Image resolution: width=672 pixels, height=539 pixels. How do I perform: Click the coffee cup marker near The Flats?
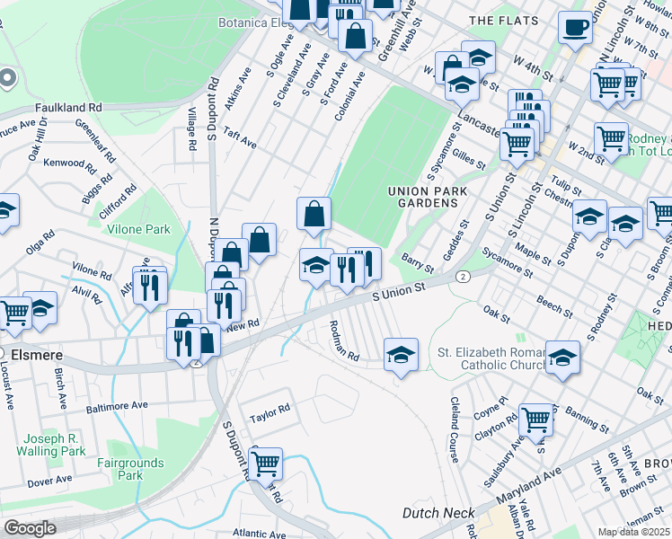(574, 27)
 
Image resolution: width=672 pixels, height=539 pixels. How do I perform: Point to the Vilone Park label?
(138, 229)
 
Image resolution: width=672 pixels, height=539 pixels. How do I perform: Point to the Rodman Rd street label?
(343, 341)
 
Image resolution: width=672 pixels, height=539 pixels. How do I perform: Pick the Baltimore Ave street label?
(116, 406)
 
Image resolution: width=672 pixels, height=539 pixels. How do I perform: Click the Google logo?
(30, 527)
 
